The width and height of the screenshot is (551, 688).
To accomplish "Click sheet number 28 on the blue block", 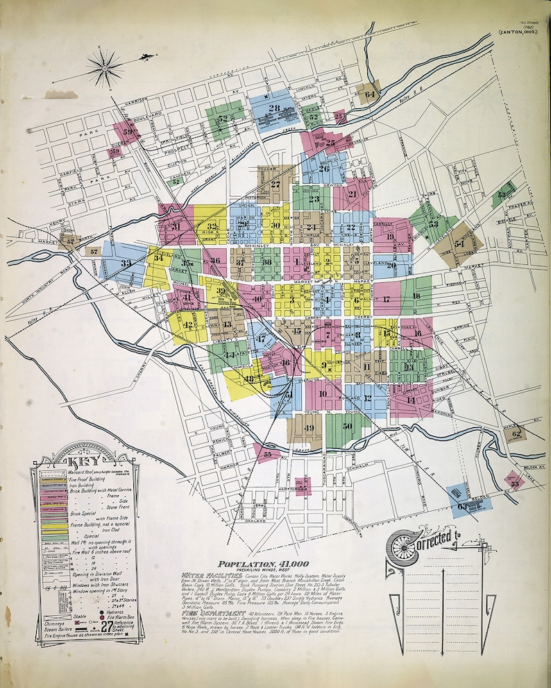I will coord(274,108).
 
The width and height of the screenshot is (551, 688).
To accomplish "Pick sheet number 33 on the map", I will coord(126,264).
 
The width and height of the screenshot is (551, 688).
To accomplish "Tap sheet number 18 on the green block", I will coord(416,296).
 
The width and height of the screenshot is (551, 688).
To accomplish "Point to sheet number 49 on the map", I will coord(310,427).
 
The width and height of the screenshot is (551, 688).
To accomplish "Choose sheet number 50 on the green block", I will coord(347,425).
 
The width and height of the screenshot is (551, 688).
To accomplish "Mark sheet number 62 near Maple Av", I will coord(516,434).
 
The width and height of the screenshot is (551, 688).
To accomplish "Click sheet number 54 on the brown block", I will coord(459,244).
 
